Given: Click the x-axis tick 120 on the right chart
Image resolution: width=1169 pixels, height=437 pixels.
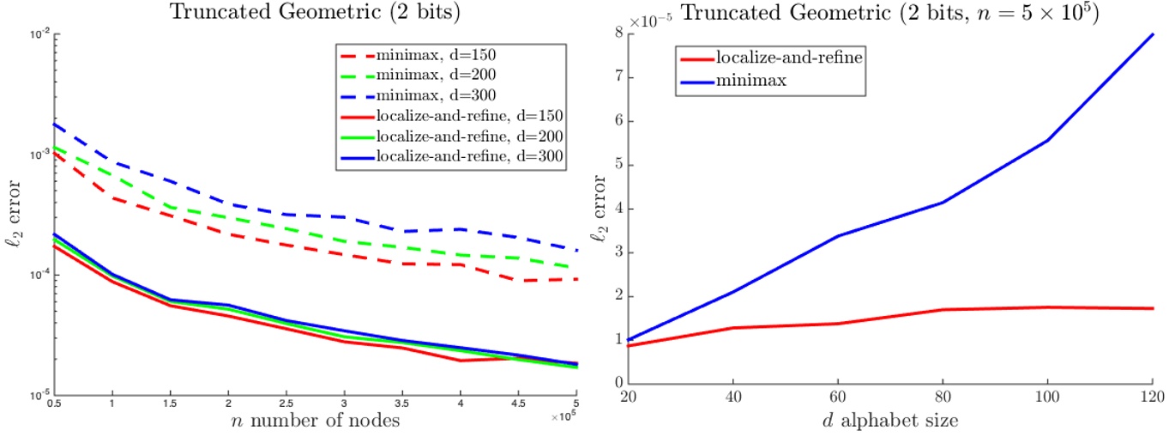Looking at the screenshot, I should click(1154, 396).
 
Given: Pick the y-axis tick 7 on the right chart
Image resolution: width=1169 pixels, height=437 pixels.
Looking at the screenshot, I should click(608, 77).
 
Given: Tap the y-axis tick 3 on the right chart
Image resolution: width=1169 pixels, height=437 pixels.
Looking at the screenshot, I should click(608, 252).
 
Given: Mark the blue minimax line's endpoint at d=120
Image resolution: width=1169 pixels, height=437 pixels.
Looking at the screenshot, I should click(1154, 34).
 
